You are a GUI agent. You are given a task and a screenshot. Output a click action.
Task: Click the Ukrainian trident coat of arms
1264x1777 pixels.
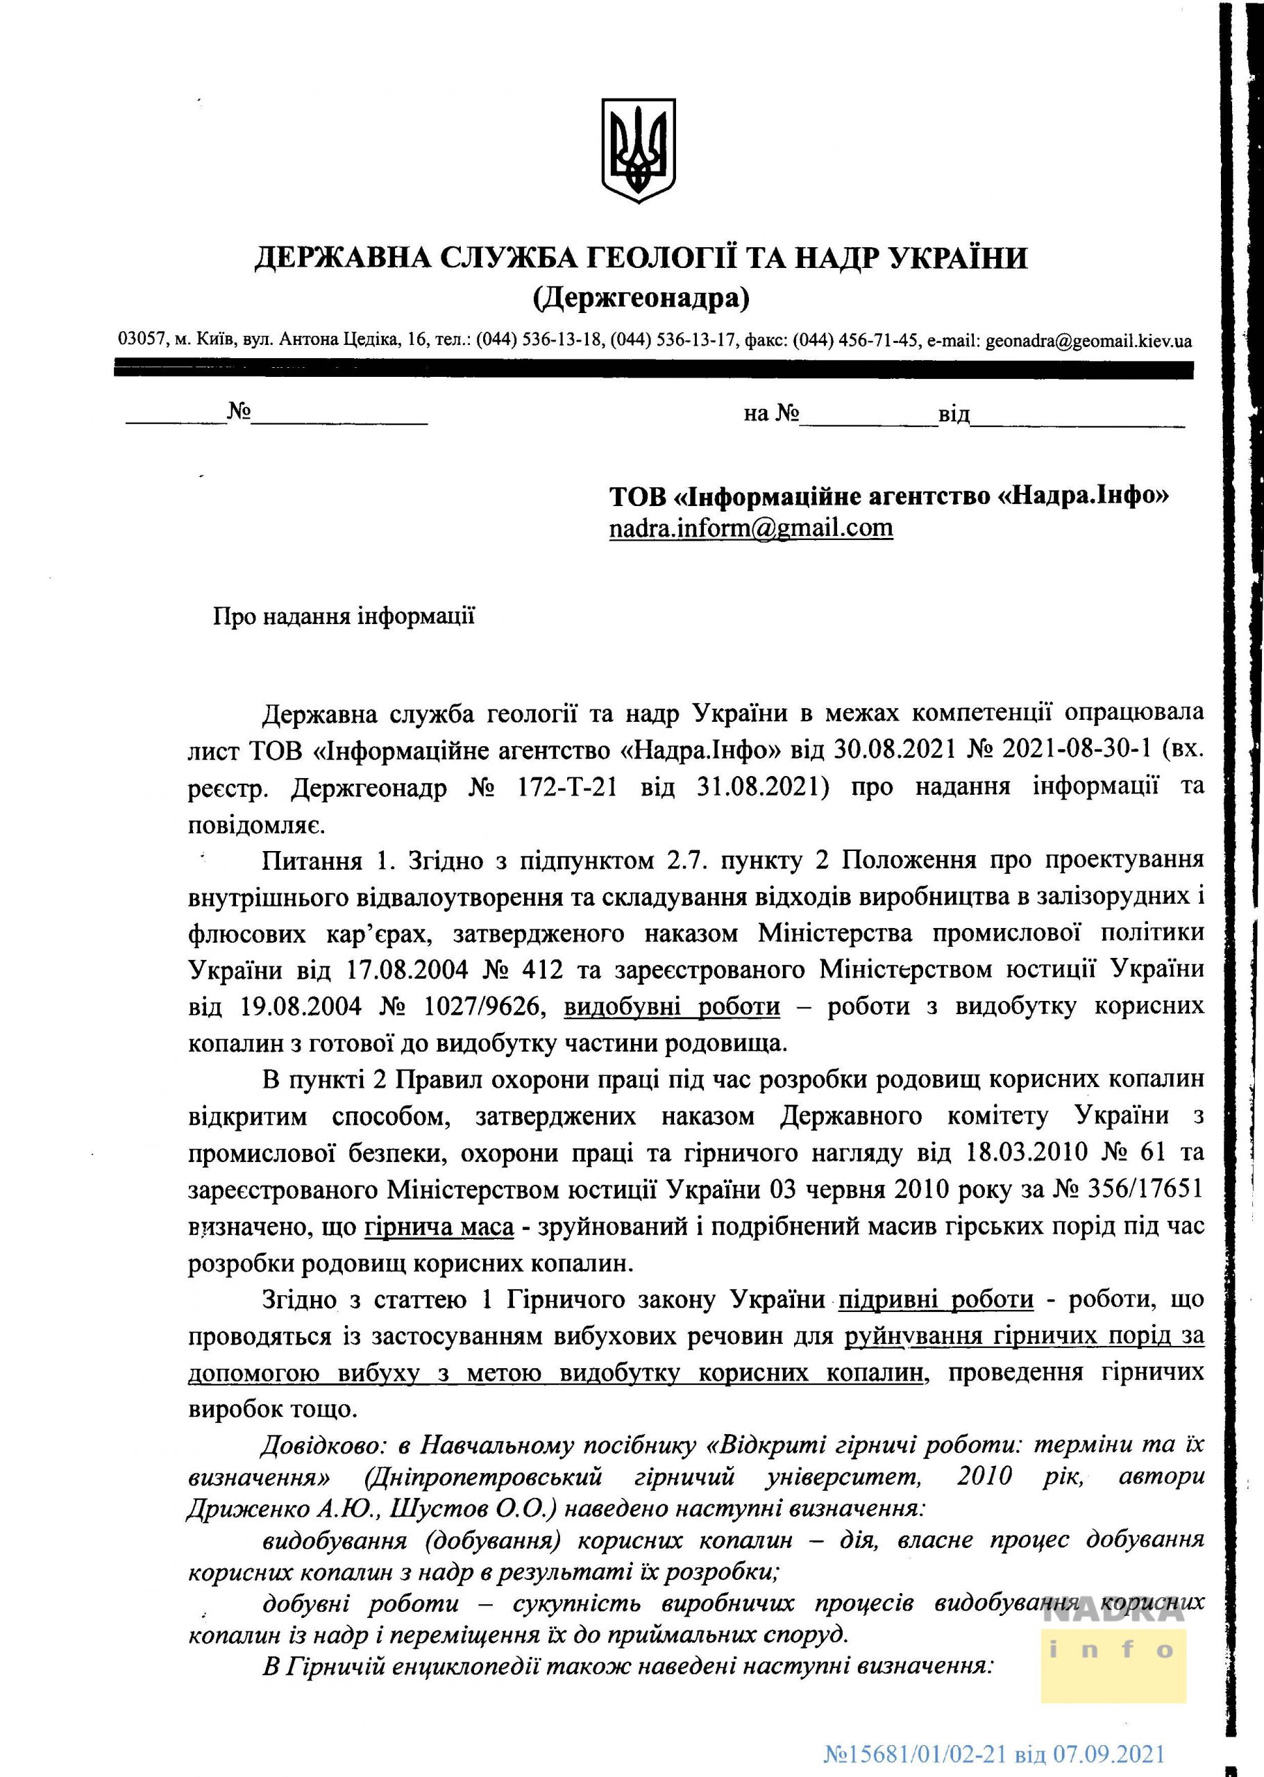(639, 150)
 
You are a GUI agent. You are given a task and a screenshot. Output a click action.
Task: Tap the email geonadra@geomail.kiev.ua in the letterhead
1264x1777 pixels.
(1088, 341)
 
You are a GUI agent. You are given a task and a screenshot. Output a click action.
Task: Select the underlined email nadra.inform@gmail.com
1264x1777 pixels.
(750, 528)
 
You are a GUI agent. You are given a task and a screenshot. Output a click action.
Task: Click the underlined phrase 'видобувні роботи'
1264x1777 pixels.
(672, 1007)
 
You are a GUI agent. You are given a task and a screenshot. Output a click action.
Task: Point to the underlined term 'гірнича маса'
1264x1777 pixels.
(439, 1227)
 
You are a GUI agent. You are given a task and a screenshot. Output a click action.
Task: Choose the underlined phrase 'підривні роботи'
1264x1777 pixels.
(936, 1301)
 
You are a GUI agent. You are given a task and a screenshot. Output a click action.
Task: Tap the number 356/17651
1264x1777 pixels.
(1143, 1190)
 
